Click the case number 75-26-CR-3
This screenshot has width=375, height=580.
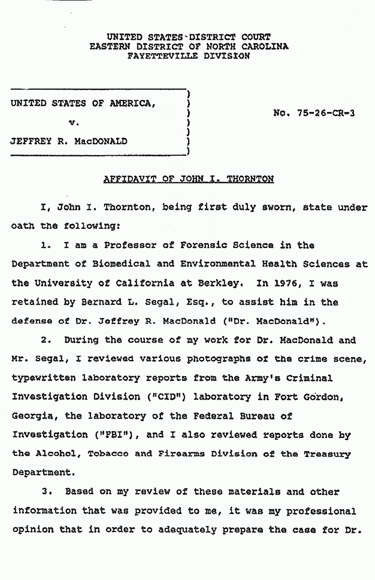point(314,113)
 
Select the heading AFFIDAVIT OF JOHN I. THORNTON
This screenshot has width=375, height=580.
point(189,179)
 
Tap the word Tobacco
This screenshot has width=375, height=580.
point(105,453)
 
